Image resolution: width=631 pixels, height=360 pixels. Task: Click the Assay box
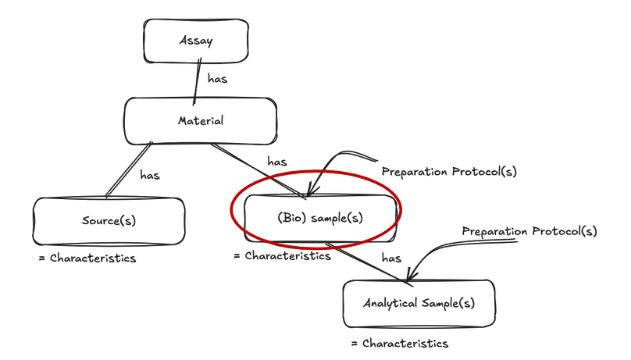tap(195, 41)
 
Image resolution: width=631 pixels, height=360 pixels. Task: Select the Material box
tap(200, 120)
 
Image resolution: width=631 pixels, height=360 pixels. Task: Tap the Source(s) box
tap(109, 220)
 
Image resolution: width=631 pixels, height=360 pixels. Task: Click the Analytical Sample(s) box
tap(419, 302)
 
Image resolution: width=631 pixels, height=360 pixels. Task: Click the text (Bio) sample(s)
tap(320, 218)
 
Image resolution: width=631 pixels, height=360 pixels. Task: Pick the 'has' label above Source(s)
tap(150, 175)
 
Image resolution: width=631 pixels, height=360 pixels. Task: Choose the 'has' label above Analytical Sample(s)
tap(391, 257)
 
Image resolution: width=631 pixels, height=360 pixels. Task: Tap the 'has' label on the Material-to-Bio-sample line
tap(277, 162)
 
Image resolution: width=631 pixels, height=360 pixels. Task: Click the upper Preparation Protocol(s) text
tap(448, 171)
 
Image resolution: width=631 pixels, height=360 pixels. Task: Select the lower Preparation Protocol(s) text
tap(529, 231)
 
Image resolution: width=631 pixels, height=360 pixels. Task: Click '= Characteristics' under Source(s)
tap(87, 258)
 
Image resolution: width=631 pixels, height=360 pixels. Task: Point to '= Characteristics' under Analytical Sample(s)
tap(399, 343)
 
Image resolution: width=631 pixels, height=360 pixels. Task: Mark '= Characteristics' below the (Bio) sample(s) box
tap(282, 256)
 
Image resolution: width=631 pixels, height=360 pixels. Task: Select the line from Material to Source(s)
tap(129, 169)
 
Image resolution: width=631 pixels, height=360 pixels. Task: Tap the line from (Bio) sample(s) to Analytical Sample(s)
tap(367, 263)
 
